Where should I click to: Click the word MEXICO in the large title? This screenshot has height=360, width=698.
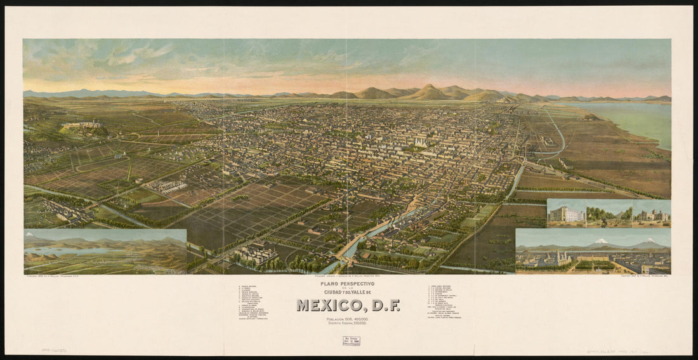coord(331,305)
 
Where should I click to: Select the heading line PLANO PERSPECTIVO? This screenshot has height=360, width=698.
coord(348,283)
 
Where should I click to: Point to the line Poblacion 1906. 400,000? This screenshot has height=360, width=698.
coord(348,319)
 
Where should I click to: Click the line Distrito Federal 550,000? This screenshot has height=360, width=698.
coord(348,324)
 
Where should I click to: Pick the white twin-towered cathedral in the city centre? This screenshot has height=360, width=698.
coord(420,142)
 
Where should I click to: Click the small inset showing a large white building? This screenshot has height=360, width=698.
coord(566,213)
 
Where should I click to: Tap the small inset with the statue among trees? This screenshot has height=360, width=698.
coord(609,213)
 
